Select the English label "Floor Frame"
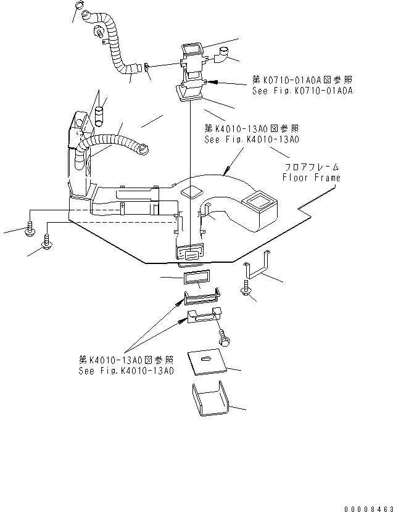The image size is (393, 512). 311,177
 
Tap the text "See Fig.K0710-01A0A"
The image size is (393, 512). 302,90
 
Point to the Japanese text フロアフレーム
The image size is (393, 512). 312,167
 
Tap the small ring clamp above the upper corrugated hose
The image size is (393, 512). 79,7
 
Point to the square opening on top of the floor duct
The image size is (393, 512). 193,191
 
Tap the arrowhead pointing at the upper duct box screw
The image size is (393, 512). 213,81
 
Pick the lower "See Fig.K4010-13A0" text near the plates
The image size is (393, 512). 126,371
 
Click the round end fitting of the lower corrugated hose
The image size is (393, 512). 143,147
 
